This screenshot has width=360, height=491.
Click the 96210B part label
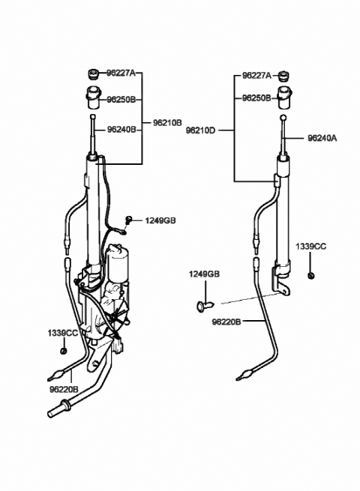click(x=167, y=123)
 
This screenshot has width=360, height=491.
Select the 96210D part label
click(x=201, y=130)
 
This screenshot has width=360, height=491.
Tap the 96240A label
click(x=322, y=138)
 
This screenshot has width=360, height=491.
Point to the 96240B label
click(x=121, y=130)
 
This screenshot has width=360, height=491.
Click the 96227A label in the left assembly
click(x=121, y=73)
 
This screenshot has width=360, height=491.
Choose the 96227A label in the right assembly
click(x=256, y=76)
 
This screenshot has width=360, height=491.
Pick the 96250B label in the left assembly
click(x=121, y=100)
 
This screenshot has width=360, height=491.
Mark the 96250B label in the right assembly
click(x=256, y=98)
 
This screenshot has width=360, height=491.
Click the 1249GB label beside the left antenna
click(x=160, y=220)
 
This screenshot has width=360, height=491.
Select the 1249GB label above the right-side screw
click(x=204, y=274)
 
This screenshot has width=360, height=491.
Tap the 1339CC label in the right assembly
click(x=310, y=247)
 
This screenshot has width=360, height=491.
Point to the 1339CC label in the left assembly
click(x=63, y=333)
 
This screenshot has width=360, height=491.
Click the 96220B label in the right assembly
click(x=226, y=322)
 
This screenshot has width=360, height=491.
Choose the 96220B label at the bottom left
click(x=64, y=390)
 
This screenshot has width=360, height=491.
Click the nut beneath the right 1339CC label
click(x=311, y=276)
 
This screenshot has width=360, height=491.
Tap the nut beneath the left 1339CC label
click(x=63, y=350)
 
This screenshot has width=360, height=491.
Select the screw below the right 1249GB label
click(x=205, y=305)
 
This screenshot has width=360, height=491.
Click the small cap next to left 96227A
click(x=93, y=75)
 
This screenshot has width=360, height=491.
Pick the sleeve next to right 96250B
click(x=284, y=98)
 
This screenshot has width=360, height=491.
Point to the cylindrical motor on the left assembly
click(x=117, y=262)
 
